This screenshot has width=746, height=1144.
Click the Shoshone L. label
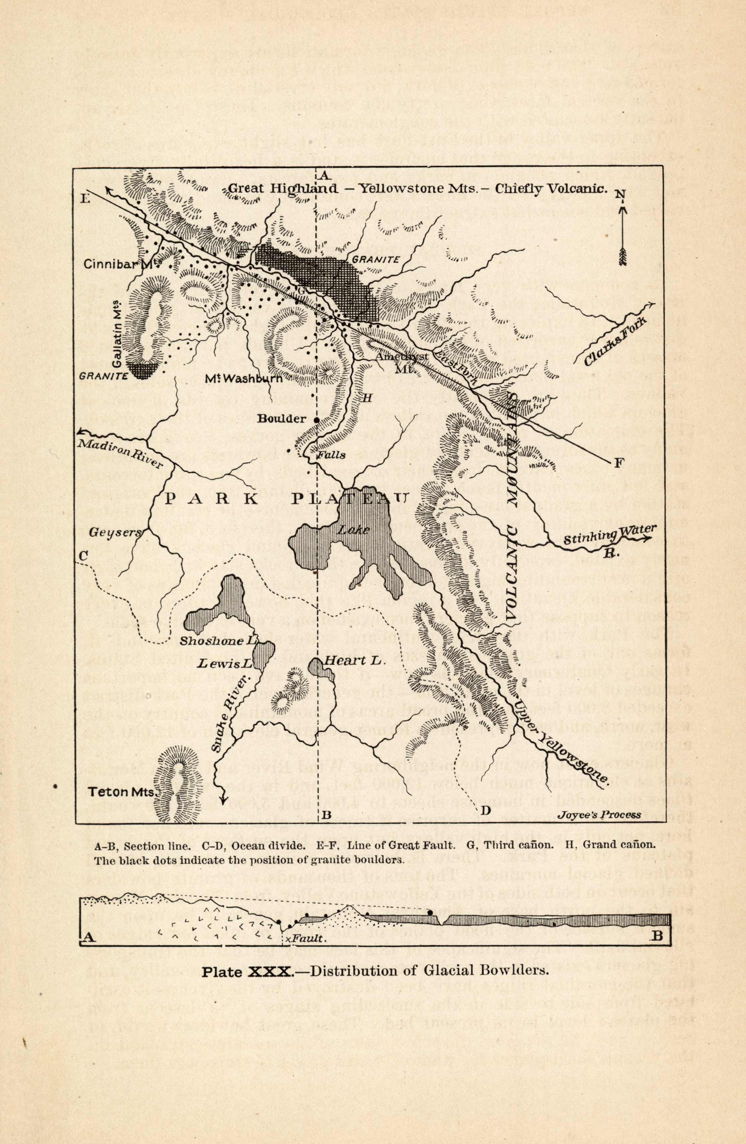point(218,642)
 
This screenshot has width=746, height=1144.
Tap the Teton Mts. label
point(123,792)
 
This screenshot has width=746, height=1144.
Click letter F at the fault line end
point(619,463)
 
